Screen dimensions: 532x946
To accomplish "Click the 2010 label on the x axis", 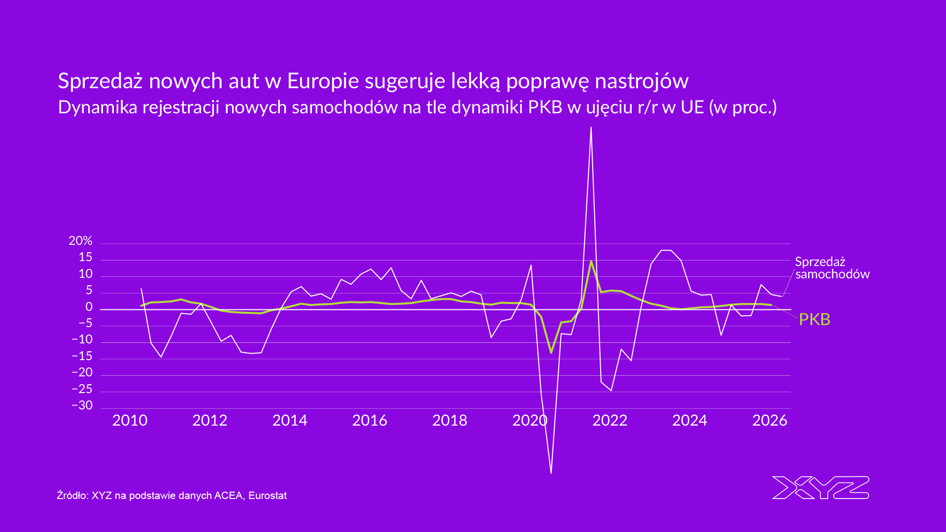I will tap(130, 420).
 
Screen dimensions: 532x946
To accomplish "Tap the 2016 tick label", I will tap(370, 420).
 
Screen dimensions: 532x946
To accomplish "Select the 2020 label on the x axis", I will tap(530, 420).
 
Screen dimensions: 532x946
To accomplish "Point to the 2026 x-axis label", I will tap(770, 420).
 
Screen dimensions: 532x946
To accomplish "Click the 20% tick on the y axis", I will tap(81, 241).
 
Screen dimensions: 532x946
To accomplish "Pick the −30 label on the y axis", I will tap(82, 405).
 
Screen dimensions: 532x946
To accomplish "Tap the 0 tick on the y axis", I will tap(89, 307).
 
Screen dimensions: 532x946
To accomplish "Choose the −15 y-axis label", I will tap(82, 356).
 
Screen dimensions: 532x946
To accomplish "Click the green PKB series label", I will tap(814, 320).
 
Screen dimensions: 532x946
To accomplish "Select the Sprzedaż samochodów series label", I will tap(832, 268).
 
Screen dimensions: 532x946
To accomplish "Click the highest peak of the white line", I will tap(591, 128).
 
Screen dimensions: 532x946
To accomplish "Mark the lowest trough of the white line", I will tap(551, 473).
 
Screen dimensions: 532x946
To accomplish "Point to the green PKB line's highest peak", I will tap(591, 262).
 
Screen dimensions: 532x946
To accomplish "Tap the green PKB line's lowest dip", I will tap(551, 352).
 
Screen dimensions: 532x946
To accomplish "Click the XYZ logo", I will tap(820, 488).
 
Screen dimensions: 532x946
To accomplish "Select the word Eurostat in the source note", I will tap(268, 496).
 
